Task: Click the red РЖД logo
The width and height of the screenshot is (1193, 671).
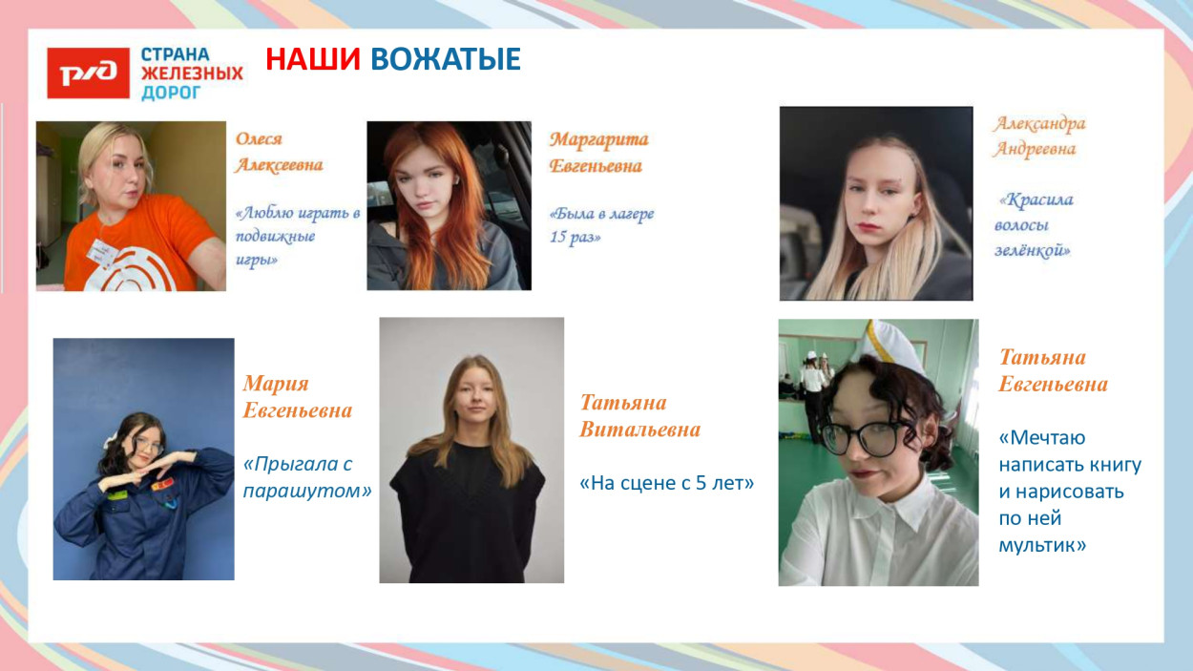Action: click(88, 73)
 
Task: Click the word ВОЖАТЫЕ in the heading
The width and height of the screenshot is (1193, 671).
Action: click(445, 59)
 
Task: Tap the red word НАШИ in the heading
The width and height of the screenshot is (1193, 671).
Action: click(313, 59)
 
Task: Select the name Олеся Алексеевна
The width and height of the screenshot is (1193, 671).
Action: click(279, 152)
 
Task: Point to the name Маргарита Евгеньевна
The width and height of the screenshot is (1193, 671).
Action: click(598, 153)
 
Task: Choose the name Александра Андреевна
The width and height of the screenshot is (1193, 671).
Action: click(1038, 136)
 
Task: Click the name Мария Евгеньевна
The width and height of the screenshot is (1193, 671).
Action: click(297, 397)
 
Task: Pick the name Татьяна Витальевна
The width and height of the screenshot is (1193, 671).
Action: click(639, 416)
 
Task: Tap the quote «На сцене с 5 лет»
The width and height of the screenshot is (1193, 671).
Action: click(666, 484)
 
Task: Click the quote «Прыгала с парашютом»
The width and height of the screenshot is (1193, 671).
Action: click(305, 477)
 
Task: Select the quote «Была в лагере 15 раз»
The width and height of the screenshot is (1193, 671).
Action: click(601, 225)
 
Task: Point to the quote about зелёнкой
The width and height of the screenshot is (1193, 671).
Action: click(1034, 225)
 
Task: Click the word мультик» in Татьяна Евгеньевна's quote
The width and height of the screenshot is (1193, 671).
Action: click(1042, 546)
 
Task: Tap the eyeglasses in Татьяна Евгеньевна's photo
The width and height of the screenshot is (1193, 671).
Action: click(865, 436)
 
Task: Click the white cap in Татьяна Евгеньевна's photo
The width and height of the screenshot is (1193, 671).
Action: click(891, 346)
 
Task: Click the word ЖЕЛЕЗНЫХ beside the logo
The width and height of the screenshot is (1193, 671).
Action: click(192, 73)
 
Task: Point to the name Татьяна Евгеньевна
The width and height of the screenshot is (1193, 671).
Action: click(1053, 370)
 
